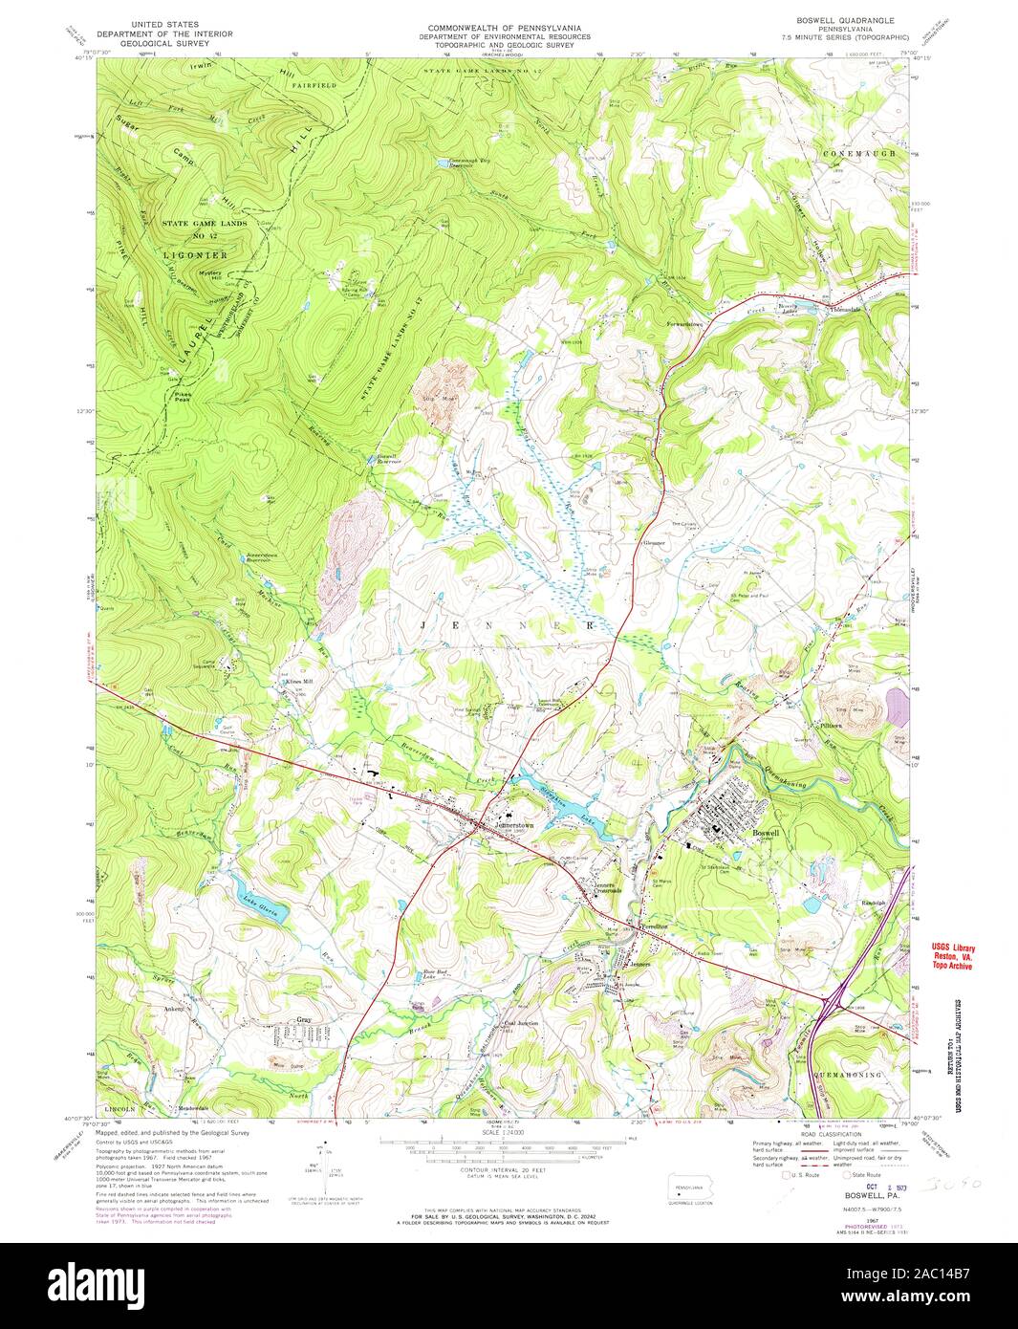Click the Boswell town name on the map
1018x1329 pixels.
click(766, 833)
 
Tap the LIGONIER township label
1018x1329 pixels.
click(194, 256)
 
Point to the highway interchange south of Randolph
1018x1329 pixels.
click(832, 1005)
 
